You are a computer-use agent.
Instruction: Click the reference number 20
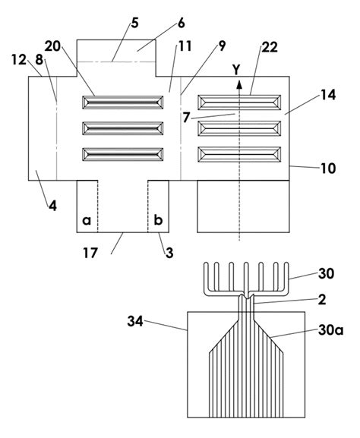tap(53, 46)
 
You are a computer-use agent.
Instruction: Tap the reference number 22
tap(270, 48)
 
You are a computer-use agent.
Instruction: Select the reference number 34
tap(135, 322)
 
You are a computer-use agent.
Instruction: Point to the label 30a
tap(330, 331)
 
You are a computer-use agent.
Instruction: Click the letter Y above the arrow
tap(237, 70)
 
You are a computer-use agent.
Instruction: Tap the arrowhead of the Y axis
tap(239, 84)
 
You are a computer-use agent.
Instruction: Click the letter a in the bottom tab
tap(87, 221)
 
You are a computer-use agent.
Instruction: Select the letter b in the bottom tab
tap(158, 220)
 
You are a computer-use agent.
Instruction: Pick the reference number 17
tap(90, 253)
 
